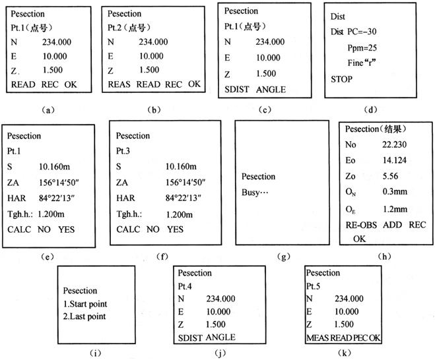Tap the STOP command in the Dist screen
[x=342, y=79]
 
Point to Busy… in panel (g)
[x=261, y=191]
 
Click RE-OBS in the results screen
[x=359, y=225]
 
